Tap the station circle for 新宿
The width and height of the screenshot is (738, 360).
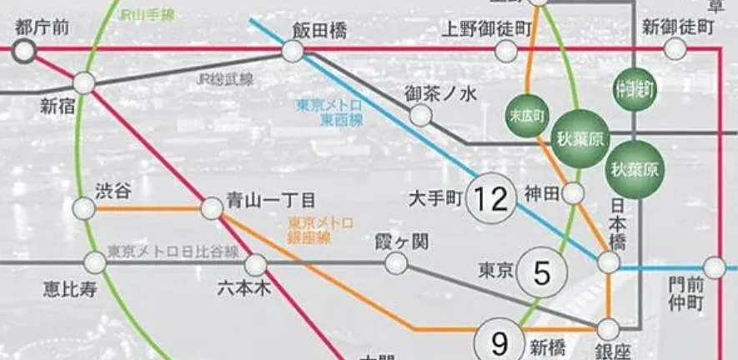(84, 82)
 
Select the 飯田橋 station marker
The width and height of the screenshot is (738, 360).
(293, 52)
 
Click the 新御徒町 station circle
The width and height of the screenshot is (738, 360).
(675, 50)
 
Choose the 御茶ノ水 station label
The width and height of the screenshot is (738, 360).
(440, 93)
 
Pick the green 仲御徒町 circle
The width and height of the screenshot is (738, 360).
(633, 87)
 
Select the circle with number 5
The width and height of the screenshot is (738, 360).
(542, 272)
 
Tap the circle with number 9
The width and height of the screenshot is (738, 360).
(500, 342)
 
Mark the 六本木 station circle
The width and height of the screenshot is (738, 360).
(255, 265)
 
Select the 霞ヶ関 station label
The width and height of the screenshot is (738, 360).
(402, 242)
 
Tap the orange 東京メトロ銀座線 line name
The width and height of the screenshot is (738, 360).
(320, 230)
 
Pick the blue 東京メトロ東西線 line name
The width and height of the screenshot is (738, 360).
(330, 112)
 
